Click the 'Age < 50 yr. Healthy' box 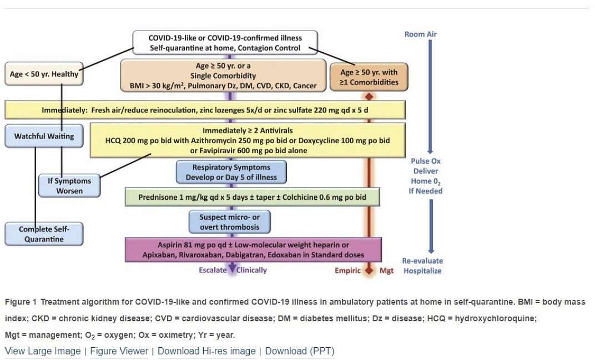(44, 74)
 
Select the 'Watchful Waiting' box (44, 136)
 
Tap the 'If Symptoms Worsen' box (69, 185)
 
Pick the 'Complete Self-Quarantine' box (44, 234)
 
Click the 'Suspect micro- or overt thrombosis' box (230, 222)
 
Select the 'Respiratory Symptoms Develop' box (231, 172)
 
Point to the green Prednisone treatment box (253, 197)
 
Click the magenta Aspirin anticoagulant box (254, 250)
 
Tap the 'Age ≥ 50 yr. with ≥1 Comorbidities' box (369, 77)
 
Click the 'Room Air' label (421, 34)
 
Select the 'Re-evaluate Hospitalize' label (422, 266)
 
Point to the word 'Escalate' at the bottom (213, 270)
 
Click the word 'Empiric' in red (347, 271)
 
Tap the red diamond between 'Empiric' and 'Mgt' (369, 271)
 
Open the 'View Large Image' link (43, 351)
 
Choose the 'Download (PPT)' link (299, 351)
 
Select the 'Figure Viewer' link (119, 351)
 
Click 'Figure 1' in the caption (21, 302)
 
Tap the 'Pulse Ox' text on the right (426, 161)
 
